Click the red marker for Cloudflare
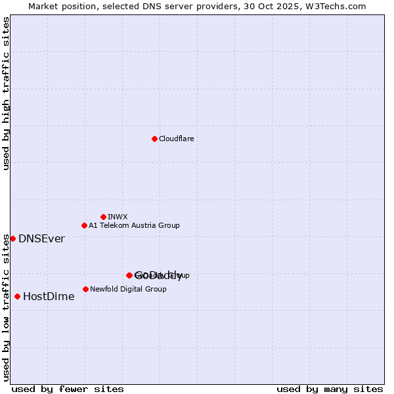click(x=154, y=139)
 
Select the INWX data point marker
click(x=103, y=217)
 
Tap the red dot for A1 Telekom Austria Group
click(x=84, y=225)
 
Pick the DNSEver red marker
click(x=12, y=238)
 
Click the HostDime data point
click(x=17, y=296)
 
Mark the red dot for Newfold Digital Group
click(x=85, y=289)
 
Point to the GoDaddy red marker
click(x=129, y=275)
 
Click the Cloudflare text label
click(x=176, y=139)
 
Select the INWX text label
click(x=118, y=217)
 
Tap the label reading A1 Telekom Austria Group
click(x=134, y=225)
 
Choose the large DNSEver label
click(x=41, y=239)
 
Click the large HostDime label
click(x=49, y=297)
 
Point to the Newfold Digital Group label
click(x=128, y=289)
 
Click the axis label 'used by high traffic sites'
click(x=7, y=93)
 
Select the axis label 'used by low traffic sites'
click(x=7, y=307)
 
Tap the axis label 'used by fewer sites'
click(x=68, y=389)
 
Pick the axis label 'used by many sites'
click(x=330, y=389)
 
